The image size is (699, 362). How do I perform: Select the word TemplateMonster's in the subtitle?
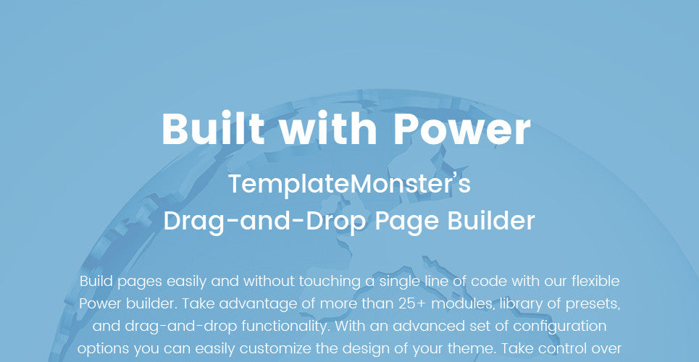(x=349, y=184)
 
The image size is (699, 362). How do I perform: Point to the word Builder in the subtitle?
(x=491, y=221)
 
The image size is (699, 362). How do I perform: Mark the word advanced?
(x=409, y=327)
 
